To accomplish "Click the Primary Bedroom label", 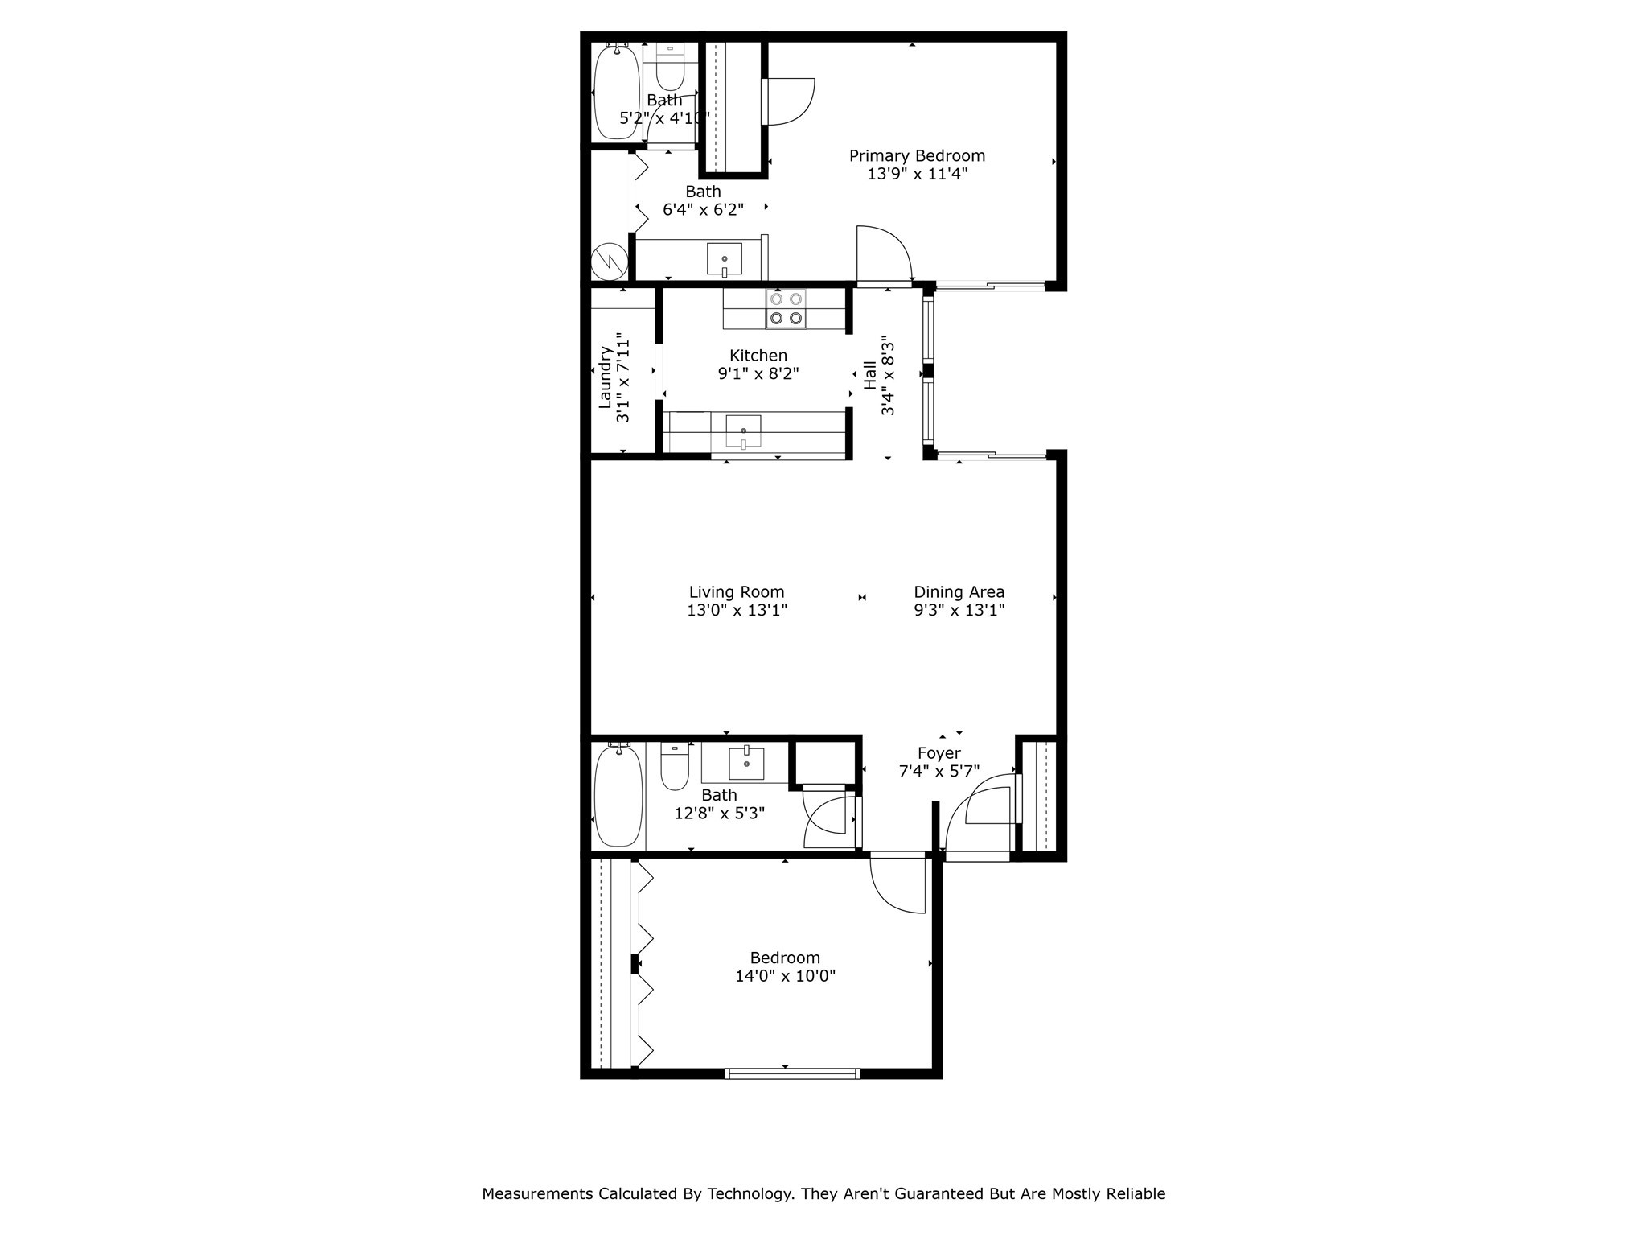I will click(917, 155).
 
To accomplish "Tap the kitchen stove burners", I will click(786, 308).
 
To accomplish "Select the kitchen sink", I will click(743, 431).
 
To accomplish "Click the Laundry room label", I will click(606, 378).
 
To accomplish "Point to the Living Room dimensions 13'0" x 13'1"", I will click(737, 610).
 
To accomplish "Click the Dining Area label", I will click(959, 592).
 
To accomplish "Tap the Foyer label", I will click(939, 753).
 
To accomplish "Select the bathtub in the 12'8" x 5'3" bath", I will click(618, 794).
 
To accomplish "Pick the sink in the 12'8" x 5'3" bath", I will click(746, 763).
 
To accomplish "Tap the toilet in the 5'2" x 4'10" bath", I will click(669, 68).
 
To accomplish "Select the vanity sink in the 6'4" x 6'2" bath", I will click(724, 259).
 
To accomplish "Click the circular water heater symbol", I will click(609, 261).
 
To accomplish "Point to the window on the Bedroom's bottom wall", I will click(792, 1073).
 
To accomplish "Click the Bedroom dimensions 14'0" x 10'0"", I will click(785, 976).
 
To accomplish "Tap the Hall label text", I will click(870, 375).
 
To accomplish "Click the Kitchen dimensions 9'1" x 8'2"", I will click(758, 373).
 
